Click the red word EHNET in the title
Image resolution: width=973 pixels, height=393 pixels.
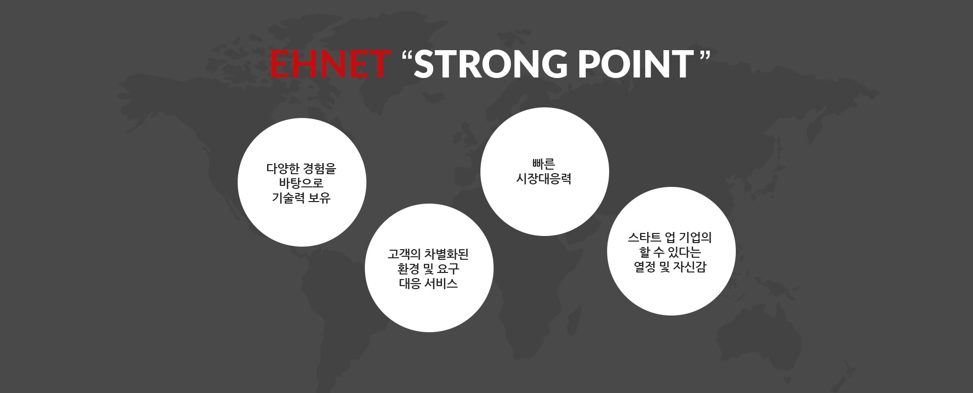point(330,64)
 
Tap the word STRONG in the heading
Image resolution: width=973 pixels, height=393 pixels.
point(492,64)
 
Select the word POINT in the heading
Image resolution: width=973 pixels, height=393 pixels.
point(636,64)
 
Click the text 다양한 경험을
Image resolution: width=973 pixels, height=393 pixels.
point(302,168)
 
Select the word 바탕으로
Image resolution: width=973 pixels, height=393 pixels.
point(302,183)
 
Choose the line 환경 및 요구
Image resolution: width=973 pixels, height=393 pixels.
point(429,268)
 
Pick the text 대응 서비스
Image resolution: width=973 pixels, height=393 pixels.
point(429,283)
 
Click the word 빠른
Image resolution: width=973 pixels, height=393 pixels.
point(544,164)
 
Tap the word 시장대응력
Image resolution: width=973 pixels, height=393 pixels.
point(544,179)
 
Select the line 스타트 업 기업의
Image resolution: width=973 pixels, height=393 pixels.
point(670,237)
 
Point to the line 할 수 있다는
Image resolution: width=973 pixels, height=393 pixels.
point(670,252)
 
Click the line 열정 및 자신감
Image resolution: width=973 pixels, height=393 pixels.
point(670,267)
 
